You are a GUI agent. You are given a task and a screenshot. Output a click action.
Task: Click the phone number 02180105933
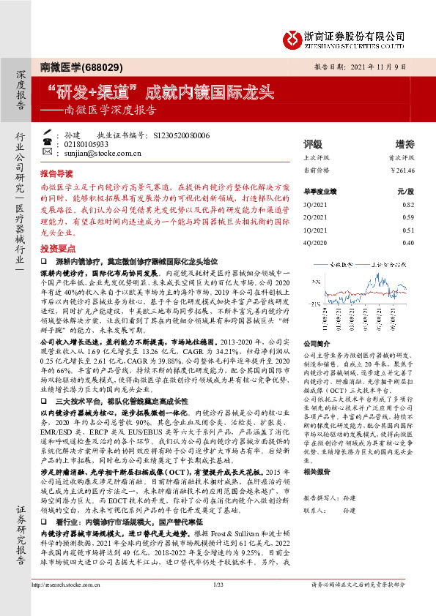coord(86,145)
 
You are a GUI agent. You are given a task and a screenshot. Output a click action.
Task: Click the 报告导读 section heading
coord(56,175)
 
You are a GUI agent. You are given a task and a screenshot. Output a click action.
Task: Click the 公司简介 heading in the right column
coord(318,343)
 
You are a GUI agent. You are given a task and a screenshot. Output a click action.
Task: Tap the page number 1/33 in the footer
coord(217,605)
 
